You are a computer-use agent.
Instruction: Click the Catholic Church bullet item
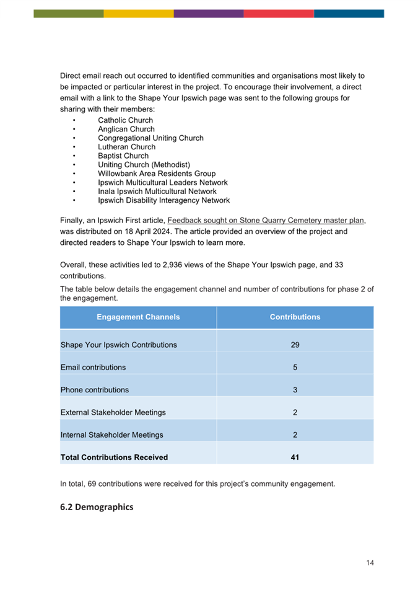tap(125, 120)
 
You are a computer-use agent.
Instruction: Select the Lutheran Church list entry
tap(126, 147)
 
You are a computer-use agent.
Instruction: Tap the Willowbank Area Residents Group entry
tap(157, 174)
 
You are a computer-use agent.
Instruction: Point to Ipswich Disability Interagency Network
tap(163, 200)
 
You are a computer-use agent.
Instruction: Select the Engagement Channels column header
tap(138, 317)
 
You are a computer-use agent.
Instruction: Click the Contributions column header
tap(295, 317)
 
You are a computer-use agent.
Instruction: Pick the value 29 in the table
tap(295, 345)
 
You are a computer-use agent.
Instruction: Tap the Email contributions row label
tap(93, 367)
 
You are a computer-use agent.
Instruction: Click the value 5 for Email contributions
tap(295, 367)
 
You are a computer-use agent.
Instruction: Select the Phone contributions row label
tap(95, 390)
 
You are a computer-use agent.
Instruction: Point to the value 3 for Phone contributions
tap(295, 390)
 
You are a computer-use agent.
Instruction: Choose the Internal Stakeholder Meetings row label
tap(111, 435)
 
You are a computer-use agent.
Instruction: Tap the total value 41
tap(295, 457)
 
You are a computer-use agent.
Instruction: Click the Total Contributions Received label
tap(114, 457)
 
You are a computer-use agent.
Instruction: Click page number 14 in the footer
tap(370, 563)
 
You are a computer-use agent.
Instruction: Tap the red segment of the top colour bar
tap(279, 13)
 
